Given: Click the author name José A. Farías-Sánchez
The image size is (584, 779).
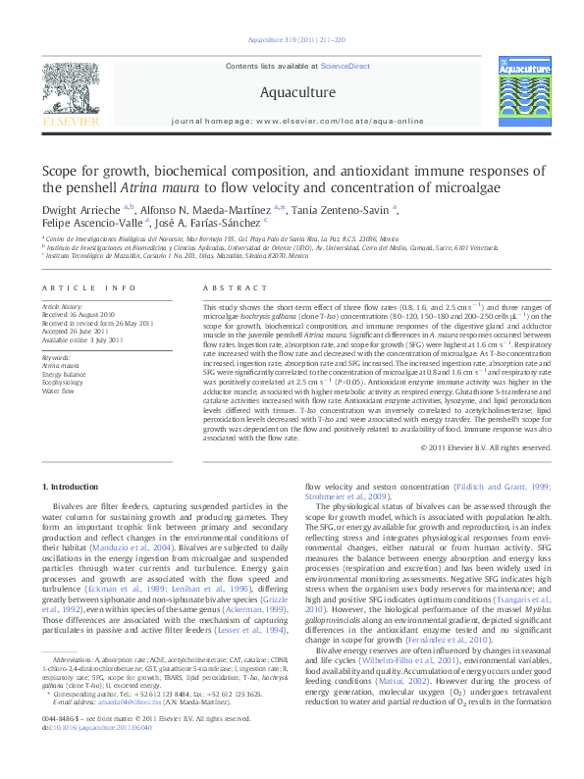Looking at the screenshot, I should [x=215, y=224].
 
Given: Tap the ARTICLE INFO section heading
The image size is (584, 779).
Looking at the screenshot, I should [x=88, y=287].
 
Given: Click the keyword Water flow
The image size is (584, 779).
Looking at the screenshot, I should [x=59, y=389].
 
